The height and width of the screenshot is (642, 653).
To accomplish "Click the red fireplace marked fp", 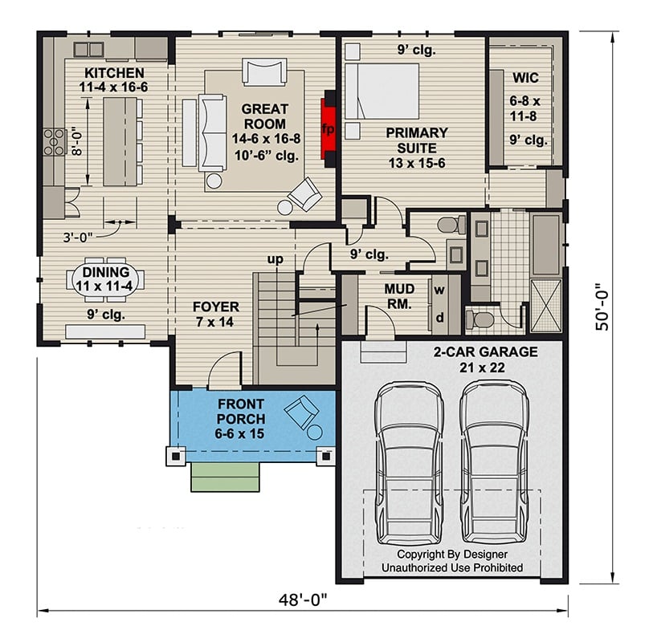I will (328, 128).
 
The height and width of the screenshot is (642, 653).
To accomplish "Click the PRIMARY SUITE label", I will (416, 140).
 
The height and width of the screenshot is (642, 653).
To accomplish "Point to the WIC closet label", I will (525, 78).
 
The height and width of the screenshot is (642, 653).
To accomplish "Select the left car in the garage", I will (409, 461).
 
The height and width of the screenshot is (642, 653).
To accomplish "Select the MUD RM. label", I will (398, 297).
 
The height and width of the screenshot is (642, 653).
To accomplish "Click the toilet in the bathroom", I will (482, 319).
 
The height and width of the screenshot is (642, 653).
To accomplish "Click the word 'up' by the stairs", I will (278, 259).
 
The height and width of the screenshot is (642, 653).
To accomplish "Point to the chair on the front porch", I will (303, 413).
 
